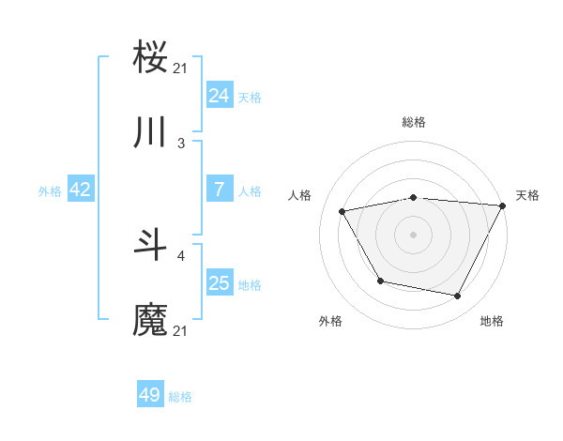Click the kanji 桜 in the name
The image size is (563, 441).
[151, 58]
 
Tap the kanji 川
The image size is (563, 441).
[151, 132]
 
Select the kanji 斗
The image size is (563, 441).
[151, 246]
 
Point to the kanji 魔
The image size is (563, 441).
[151, 319]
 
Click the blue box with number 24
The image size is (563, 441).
[219, 95]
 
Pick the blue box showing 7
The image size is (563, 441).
[219, 190]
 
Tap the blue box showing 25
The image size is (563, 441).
[219, 283]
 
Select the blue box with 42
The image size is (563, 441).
[80, 190]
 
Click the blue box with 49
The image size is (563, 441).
[150, 395]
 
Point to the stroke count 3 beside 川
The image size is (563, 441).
[181, 144]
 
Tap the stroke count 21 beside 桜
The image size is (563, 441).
[181, 68]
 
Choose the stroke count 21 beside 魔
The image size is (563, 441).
[181, 330]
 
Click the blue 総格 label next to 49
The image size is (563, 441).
[180, 397]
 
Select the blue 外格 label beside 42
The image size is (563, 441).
[50, 190]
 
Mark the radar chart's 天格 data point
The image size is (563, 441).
[503, 205]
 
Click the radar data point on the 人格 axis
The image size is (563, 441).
[342, 212]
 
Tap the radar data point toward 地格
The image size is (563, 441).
[458, 297]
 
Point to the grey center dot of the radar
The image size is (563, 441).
[413, 235]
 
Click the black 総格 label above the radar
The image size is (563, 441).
[414, 122]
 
